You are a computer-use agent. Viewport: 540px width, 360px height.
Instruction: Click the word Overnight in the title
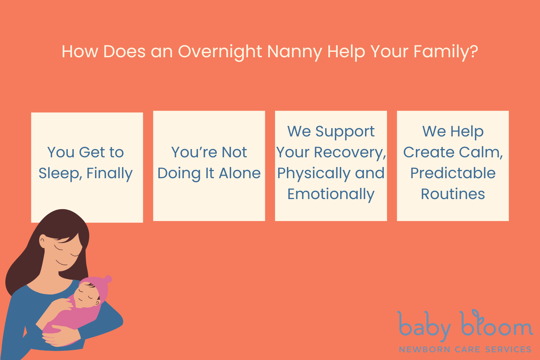pos(220,52)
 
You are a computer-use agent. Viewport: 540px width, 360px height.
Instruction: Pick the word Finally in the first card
pos(109,174)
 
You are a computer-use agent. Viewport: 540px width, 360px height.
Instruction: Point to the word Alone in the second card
pos(240,173)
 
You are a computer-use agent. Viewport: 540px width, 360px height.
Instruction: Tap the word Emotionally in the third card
pos(331,194)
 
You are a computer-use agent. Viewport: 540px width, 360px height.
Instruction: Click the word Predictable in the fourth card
pos(453,173)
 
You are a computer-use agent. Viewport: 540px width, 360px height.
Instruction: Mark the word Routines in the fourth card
pos(453,194)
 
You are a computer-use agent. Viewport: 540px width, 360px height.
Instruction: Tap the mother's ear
pos(43,240)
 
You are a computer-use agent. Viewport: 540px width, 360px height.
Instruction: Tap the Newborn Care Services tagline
pos(465,349)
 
